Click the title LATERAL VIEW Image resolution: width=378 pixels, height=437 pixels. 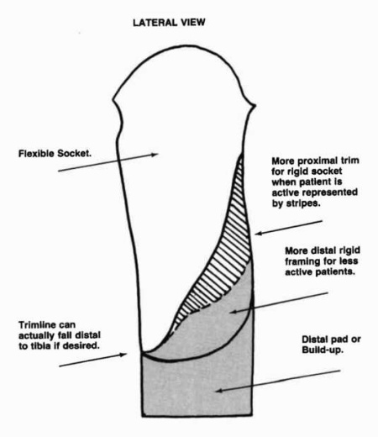169,23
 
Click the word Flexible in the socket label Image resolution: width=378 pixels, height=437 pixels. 36,154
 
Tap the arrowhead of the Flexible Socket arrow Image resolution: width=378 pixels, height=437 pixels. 155,154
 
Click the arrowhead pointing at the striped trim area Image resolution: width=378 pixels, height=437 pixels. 258,233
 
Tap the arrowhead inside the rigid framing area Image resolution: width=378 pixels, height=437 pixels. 234,311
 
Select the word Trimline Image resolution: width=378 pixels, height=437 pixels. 36,325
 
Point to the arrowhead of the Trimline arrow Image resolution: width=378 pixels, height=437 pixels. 123,355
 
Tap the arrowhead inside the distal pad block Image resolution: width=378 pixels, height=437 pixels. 219,390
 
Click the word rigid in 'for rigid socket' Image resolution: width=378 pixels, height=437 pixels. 299,171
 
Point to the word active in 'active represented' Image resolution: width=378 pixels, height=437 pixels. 286,193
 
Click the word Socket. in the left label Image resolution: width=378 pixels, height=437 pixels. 74,154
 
